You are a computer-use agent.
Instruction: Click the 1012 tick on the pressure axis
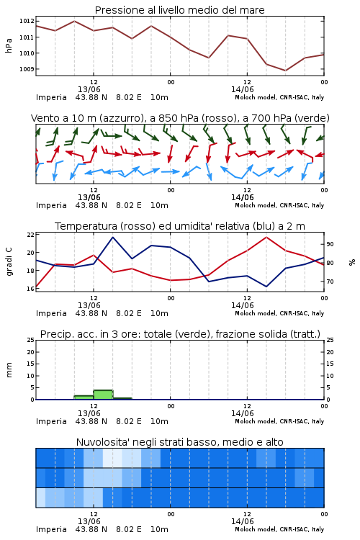point(27,22)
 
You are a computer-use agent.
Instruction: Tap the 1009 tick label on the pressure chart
point(27,69)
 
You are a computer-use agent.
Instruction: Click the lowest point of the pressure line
point(285,71)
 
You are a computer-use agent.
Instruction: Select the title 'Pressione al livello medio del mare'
point(180,10)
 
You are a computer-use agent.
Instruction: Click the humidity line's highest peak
point(112,237)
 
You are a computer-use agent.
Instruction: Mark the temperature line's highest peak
point(266,237)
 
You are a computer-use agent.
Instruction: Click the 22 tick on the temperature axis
point(31,235)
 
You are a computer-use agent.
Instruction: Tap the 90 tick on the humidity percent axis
point(330,244)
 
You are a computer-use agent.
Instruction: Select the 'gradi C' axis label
point(9,261)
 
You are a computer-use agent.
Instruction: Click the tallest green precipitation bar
point(104,395)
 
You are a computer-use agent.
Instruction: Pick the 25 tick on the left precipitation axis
point(31,340)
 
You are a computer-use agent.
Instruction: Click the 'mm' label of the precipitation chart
point(9,370)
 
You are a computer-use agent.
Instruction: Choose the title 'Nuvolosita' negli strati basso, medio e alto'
point(180,442)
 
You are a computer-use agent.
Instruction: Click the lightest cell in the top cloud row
point(112,458)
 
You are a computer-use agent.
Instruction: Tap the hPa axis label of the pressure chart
point(9,45)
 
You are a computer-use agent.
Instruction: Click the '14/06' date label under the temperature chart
point(243,305)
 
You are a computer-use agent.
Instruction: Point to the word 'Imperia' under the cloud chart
point(51,529)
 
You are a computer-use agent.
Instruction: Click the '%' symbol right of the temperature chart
point(352,262)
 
